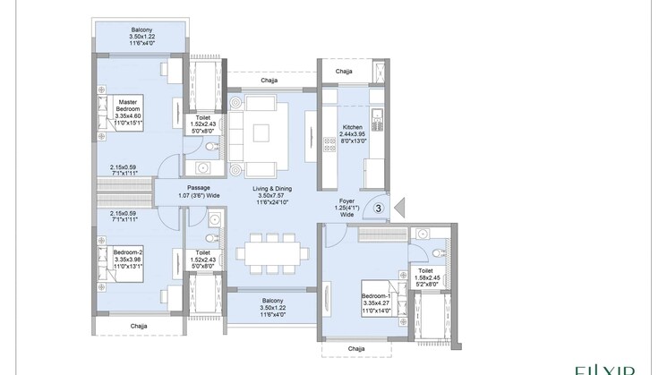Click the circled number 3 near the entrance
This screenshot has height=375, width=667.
click(379, 208)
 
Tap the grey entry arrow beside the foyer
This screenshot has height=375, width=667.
click(400, 208)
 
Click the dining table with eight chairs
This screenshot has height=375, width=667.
click(272, 254)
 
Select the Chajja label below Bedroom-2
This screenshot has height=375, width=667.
click(139, 325)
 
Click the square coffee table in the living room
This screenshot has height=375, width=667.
click(260, 133)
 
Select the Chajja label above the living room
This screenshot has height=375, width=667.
click(268, 81)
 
